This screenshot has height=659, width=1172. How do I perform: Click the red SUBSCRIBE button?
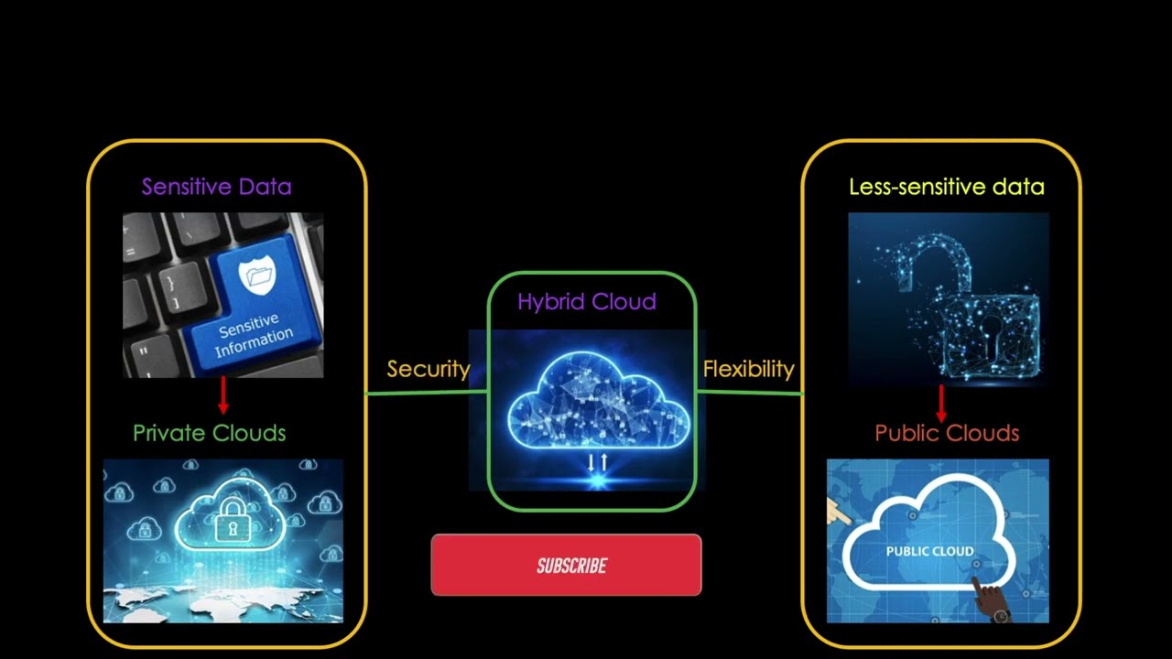[x=566, y=566]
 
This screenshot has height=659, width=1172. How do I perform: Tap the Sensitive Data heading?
[x=216, y=187]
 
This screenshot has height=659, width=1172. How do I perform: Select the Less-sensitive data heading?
[x=946, y=188]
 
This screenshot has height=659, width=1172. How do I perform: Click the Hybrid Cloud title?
[x=586, y=302]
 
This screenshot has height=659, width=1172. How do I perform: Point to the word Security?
[x=428, y=369]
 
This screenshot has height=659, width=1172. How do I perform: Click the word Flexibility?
[x=748, y=369]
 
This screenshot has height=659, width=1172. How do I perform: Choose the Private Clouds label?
[x=209, y=433]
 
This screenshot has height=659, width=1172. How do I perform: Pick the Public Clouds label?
[x=947, y=433]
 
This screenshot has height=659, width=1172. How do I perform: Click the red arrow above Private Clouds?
[x=222, y=395]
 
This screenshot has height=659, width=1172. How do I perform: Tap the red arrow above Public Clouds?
[x=941, y=403]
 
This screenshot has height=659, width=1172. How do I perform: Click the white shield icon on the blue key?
[x=255, y=275]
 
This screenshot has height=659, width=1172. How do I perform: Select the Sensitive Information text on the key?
[x=253, y=336]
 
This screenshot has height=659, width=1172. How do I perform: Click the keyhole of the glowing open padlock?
[x=991, y=326]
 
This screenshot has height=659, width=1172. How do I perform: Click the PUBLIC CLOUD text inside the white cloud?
[x=929, y=551]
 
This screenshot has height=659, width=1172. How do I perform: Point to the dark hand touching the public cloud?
[x=989, y=599]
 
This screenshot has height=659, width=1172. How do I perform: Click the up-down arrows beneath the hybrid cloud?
[x=597, y=462]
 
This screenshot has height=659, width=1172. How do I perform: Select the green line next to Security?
[x=427, y=393]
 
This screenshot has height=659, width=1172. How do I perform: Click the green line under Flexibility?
[x=748, y=393]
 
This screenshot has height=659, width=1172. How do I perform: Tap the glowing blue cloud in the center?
[x=597, y=403]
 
